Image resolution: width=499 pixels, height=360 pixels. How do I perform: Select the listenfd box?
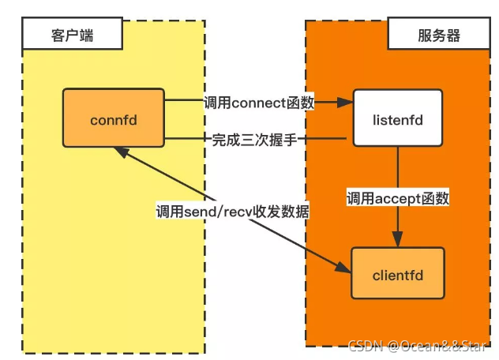[x=398, y=118]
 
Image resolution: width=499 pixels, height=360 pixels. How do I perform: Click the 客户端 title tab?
[x=72, y=35]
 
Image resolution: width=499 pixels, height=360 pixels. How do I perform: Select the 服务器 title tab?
[x=437, y=35]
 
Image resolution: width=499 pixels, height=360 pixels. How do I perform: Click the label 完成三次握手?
[x=258, y=140]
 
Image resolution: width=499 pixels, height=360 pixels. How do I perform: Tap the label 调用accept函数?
[x=398, y=198]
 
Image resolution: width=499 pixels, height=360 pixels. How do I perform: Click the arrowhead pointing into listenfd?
[x=346, y=103]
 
